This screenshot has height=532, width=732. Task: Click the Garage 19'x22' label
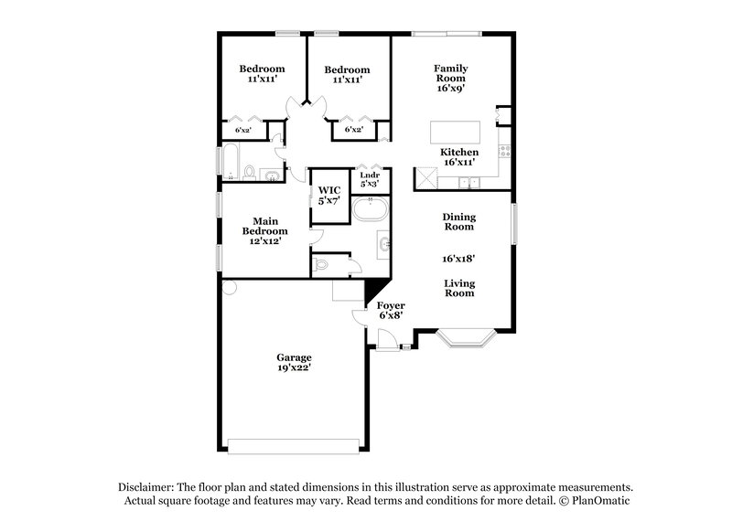pos(294,362)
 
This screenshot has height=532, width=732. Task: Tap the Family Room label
pos(451,73)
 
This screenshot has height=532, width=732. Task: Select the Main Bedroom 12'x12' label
pos(265,230)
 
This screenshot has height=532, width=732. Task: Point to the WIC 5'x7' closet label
pos(329,196)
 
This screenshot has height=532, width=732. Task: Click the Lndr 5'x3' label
pos(370,179)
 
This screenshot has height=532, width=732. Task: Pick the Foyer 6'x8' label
pos(391,310)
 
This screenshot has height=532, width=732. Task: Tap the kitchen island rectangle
pos(455,133)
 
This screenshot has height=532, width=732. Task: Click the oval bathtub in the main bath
pos(371,209)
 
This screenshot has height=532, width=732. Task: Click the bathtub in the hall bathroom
pos(231,162)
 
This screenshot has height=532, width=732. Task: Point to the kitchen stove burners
pos(505,151)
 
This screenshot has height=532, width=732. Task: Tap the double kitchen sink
pos(468,182)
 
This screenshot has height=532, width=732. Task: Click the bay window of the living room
pos(466,339)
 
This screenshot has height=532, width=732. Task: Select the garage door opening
pos(293,446)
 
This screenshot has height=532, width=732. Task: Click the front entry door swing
pos(387,338)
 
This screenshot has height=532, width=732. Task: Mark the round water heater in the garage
pos(230,287)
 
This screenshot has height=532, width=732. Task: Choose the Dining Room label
pos(459,221)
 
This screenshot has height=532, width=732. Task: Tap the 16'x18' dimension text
pos(458,259)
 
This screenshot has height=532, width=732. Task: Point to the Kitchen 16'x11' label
pos(459,157)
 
